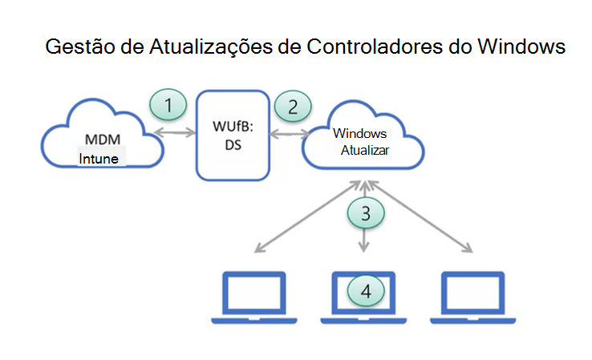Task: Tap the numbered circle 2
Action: pyautogui.click(x=293, y=105)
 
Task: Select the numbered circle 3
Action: pyautogui.click(x=366, y=212)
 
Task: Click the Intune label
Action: pyautogui.click(x=99, y=159)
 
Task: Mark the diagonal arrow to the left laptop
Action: pyautogui.click(x=301, y=216)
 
